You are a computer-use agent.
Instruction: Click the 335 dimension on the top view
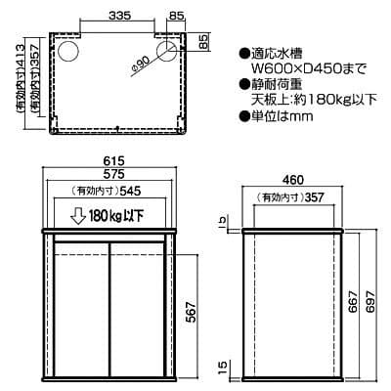120,17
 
